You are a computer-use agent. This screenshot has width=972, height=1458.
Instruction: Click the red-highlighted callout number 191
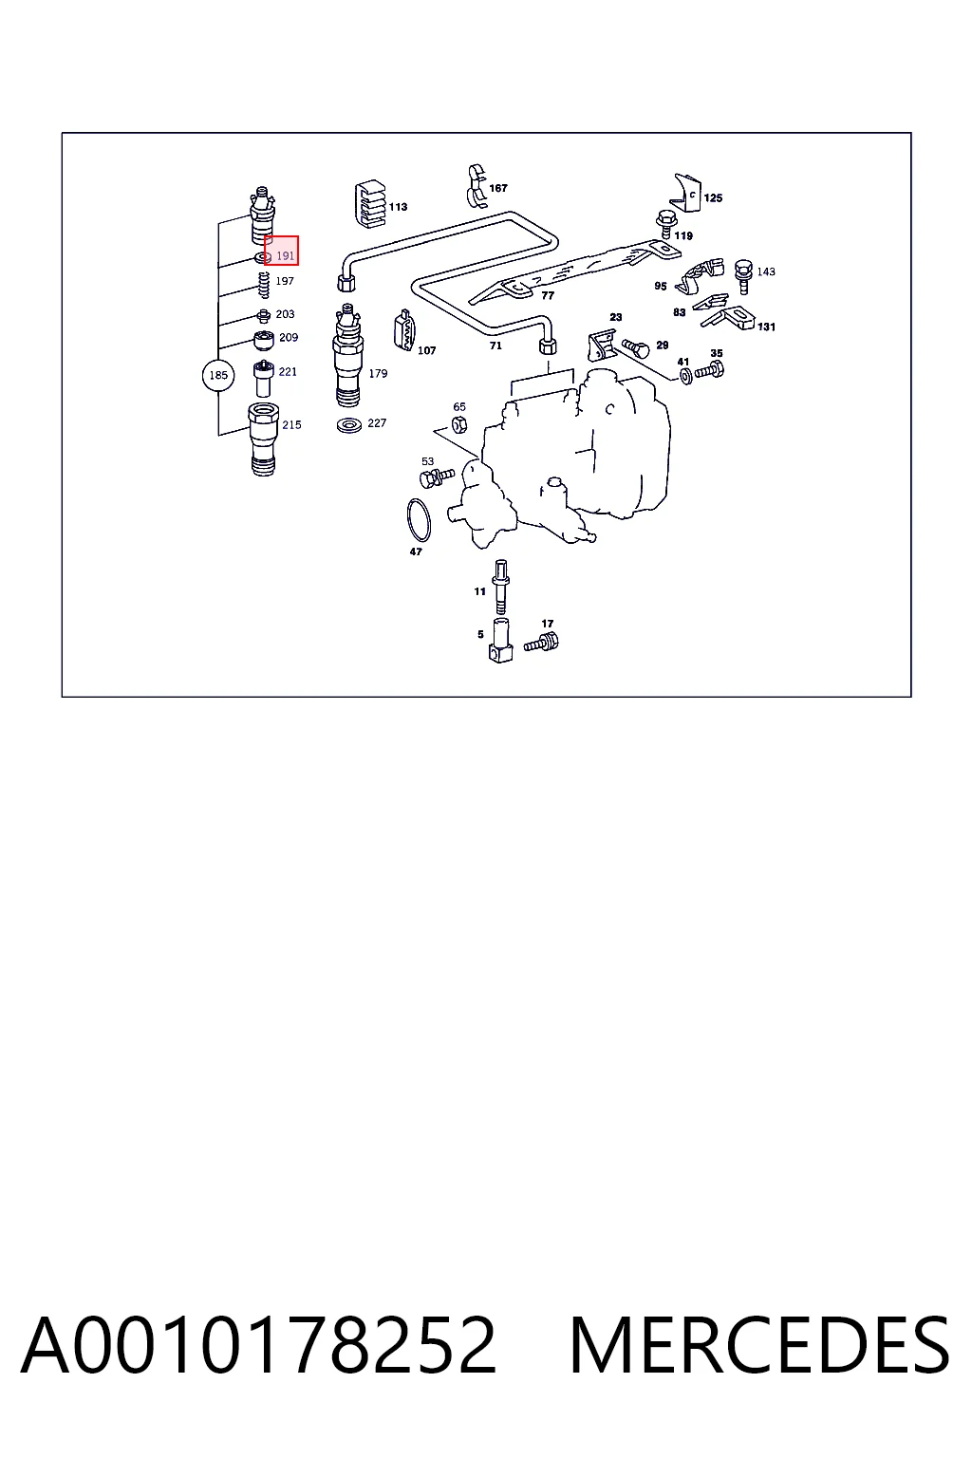285,255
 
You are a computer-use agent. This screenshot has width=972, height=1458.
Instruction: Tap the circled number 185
218,375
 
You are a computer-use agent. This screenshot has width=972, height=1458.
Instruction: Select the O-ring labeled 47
419,519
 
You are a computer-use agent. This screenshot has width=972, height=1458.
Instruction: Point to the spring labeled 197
264,285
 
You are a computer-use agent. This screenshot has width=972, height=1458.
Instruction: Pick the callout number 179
378,374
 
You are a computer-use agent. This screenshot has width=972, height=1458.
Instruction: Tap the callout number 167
498,188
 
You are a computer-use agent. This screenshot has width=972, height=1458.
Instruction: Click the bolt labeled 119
665,224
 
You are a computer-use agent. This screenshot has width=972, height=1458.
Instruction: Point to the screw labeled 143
743,276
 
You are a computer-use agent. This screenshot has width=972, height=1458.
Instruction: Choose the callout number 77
549,295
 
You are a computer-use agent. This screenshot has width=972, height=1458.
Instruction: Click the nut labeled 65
458,425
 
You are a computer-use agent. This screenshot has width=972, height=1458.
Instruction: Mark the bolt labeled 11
500,587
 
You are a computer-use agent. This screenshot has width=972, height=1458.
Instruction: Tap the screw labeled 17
542,643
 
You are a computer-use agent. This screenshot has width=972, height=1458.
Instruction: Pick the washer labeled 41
685,376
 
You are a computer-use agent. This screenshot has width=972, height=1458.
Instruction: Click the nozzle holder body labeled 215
264,439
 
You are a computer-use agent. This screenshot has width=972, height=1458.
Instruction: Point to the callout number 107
426,351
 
